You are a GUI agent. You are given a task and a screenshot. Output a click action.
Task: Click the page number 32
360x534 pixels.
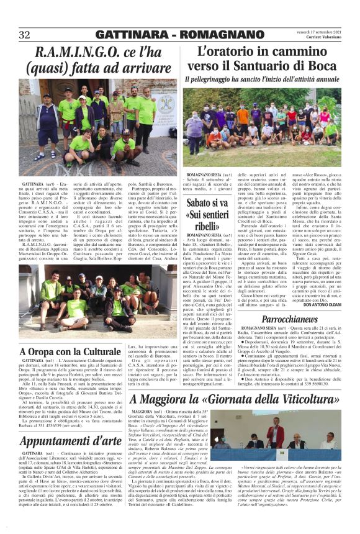[25, 35]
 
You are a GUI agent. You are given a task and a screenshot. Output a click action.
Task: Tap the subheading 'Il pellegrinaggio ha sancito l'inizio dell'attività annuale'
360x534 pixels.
[263, 80]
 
